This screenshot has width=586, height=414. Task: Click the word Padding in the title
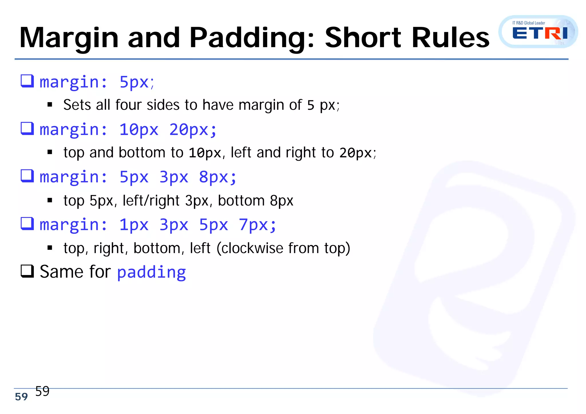252,38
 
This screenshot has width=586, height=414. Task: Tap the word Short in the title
363,38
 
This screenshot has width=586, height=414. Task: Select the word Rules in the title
450,38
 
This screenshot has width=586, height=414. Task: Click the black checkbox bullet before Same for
27,271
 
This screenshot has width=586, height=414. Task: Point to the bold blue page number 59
21,397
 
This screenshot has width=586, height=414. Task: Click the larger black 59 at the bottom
42,391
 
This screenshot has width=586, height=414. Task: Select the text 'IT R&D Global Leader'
528,23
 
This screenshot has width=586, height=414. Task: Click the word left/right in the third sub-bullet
151,200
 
